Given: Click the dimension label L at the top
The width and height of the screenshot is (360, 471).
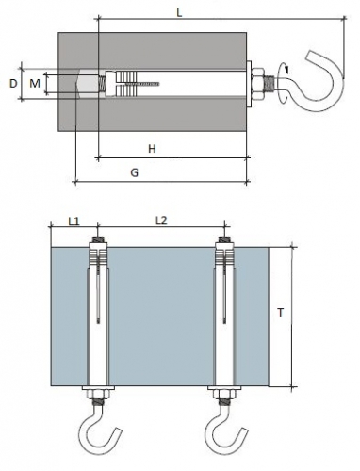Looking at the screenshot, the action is click(179, 13).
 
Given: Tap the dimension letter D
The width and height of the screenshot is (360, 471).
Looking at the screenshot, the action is click(13, 84).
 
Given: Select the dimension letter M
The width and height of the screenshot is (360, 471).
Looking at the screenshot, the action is click(35, 84).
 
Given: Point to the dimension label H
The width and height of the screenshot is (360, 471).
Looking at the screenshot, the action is click(152, 149).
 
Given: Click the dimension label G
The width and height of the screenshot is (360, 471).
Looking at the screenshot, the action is click(134, 172).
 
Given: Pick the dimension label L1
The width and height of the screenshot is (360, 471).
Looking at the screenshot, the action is click(74, 221).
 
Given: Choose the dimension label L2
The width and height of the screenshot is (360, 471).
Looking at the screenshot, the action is click(161, 220).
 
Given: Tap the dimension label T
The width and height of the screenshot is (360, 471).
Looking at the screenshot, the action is click(281, 313).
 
